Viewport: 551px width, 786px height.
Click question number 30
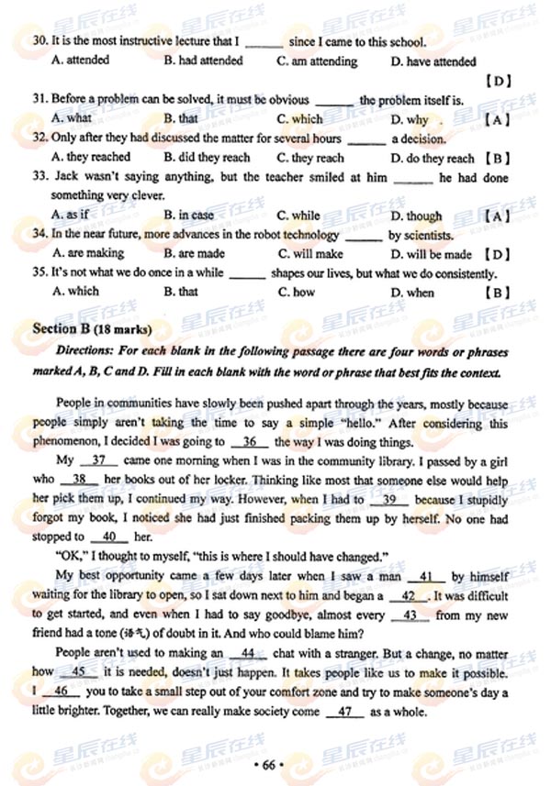pyautogui.click(x=39, y=41)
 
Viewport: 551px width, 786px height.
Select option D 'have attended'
pyautogui.click(x=433, y=61)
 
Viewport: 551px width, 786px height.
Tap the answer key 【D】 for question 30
pyautogui.click(x=497, y=81)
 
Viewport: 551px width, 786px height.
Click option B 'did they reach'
pyautogui.click(x=207, y=158)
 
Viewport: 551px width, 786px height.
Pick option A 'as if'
pyautogui.click(x=71, y=216)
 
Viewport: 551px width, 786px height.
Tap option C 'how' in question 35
pyautogui.click(x=296, y=293)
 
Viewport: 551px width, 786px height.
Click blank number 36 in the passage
pyautogui.click(x=248, y=441)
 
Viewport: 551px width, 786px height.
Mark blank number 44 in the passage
pyautogui.click(x=247, y=653)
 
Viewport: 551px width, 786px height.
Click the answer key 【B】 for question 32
pyautogui.click(x=497, y=158)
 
